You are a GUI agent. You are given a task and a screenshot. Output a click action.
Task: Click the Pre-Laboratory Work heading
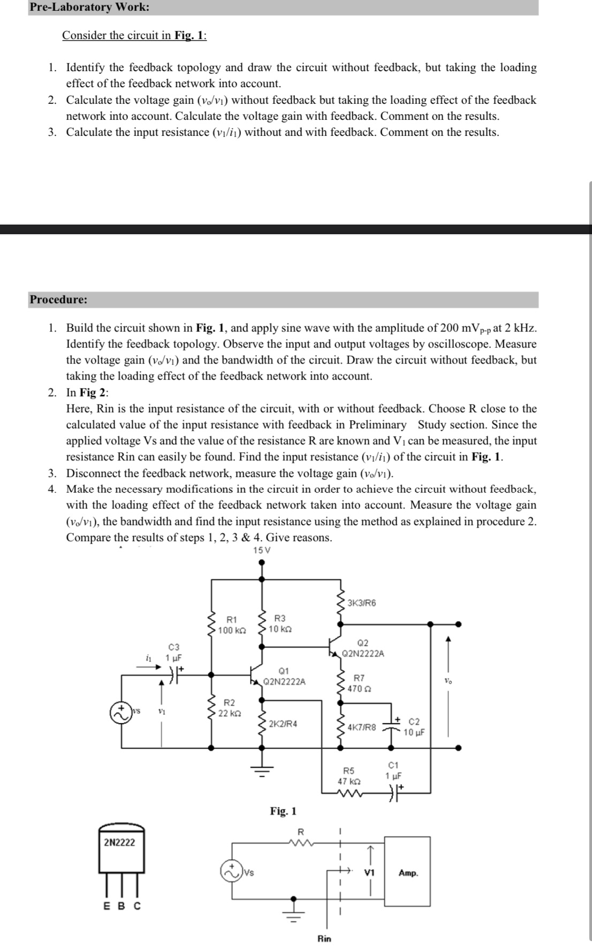(89, 7)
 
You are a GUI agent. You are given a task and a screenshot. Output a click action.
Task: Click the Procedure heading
(58, 299)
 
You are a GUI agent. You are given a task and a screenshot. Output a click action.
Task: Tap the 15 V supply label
(262, 550)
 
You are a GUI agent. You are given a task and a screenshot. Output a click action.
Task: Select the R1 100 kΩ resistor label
(232, 626)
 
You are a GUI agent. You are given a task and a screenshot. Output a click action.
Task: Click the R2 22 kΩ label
(230, 708)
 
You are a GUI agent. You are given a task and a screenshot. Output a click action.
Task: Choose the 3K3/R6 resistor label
(362, 603)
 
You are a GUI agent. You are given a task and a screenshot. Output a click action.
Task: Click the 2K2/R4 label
(283, 724)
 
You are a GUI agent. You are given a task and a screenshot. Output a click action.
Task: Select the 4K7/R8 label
(362, 727)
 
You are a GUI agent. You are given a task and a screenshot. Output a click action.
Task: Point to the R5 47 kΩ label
(348, 776)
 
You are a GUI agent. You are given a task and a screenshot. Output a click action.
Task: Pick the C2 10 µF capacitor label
(414, 727)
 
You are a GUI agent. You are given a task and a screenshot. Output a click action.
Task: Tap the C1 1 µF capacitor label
(393, 770)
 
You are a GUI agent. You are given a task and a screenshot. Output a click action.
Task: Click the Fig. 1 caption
(283, 811)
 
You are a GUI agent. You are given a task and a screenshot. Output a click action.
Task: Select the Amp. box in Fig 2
(408, 873)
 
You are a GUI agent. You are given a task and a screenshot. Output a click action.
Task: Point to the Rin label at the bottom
(324, 938)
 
